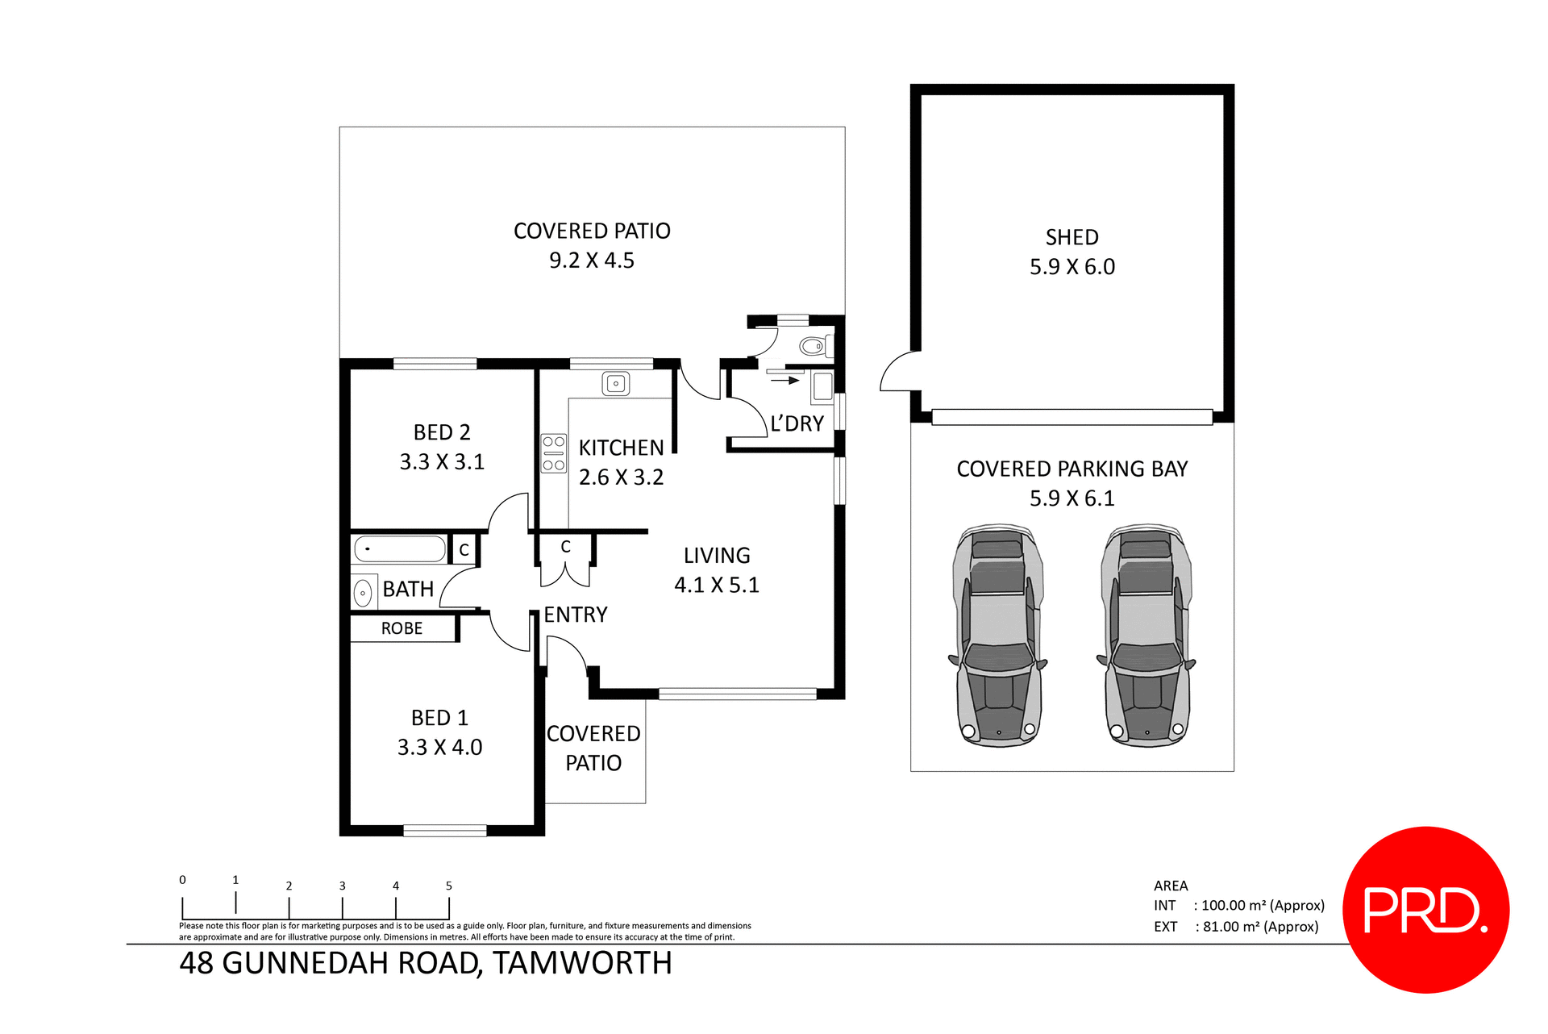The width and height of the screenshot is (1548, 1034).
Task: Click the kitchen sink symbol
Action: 615,384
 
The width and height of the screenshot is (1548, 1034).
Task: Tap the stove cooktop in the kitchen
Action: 553,453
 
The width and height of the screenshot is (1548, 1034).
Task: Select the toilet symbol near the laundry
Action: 814,347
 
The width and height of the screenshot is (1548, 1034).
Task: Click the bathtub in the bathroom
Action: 400,549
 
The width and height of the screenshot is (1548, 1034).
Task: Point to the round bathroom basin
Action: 363,593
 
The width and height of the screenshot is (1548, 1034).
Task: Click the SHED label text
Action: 1072,237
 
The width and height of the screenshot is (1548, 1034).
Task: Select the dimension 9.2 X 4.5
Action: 591,261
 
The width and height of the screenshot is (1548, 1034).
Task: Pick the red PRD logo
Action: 1425,909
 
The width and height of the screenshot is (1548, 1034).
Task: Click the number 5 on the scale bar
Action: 449,886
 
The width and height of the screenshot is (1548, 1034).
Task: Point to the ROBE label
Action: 402,628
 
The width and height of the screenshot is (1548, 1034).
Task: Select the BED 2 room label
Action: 442,432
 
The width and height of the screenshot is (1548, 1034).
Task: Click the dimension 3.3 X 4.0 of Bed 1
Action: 439,747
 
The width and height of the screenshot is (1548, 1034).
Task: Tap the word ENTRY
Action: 575,615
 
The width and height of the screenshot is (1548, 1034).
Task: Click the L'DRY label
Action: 797,423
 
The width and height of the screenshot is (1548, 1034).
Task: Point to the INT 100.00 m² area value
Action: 1262,905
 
